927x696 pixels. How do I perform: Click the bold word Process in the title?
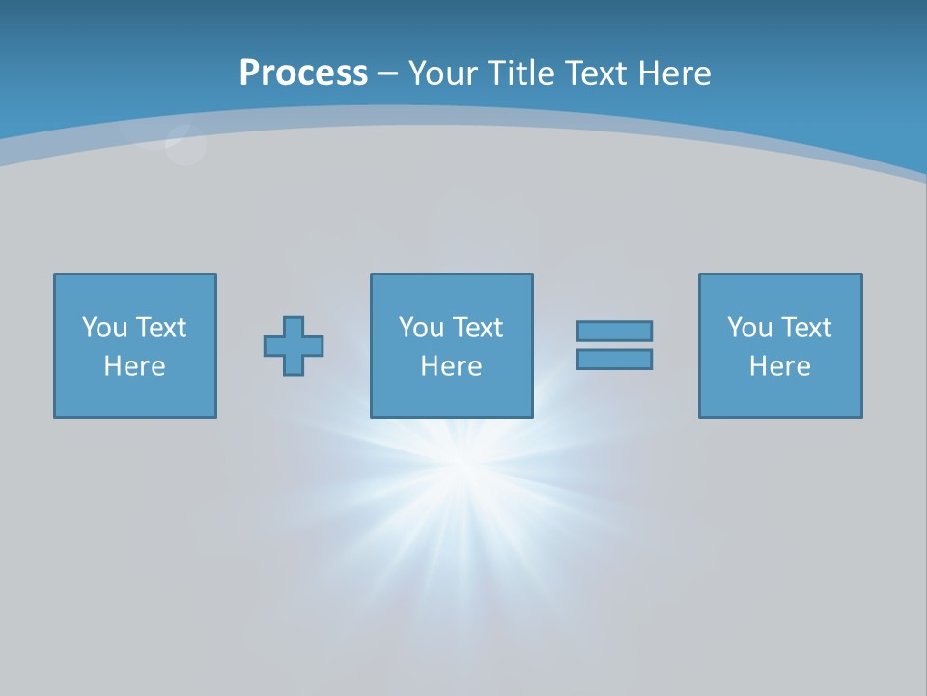pos(303,72)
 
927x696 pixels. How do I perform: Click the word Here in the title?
pos(675,72)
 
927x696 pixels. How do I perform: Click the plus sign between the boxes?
pos(294,346)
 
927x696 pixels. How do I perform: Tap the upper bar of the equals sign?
pos(614,331)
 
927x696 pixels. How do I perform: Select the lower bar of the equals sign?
pos(614,359)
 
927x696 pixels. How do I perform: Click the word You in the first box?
pos(104,328)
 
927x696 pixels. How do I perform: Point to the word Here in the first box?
pos(134,366)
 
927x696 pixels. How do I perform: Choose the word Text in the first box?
pos(159,328)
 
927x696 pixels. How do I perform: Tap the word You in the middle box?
pos(421,328)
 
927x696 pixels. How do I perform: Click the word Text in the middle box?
pos(476,328)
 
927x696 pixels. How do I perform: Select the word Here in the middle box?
pos(451,366)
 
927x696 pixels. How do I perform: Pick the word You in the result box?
pos(749,328)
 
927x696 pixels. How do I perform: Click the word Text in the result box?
pos(804,328)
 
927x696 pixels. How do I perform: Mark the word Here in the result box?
pos(779,366)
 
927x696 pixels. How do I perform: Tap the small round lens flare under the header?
pos(184,145)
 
